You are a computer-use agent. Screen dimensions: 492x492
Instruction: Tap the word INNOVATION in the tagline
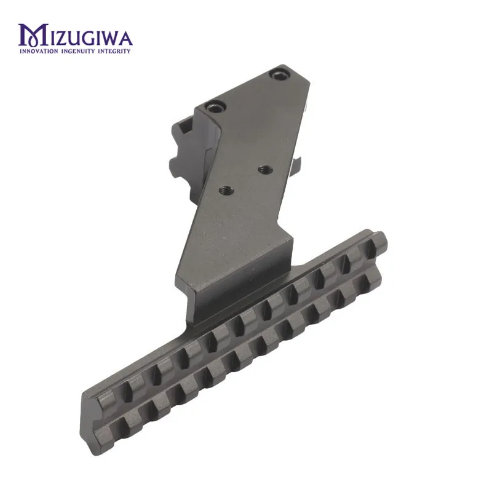tap(39, 51)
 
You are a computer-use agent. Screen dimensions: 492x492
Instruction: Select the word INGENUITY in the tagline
tap(78, 51)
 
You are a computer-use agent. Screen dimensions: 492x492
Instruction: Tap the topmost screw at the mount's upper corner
tap(277, 75)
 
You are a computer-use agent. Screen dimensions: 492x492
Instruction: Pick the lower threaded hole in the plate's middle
tap(225, 189)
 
